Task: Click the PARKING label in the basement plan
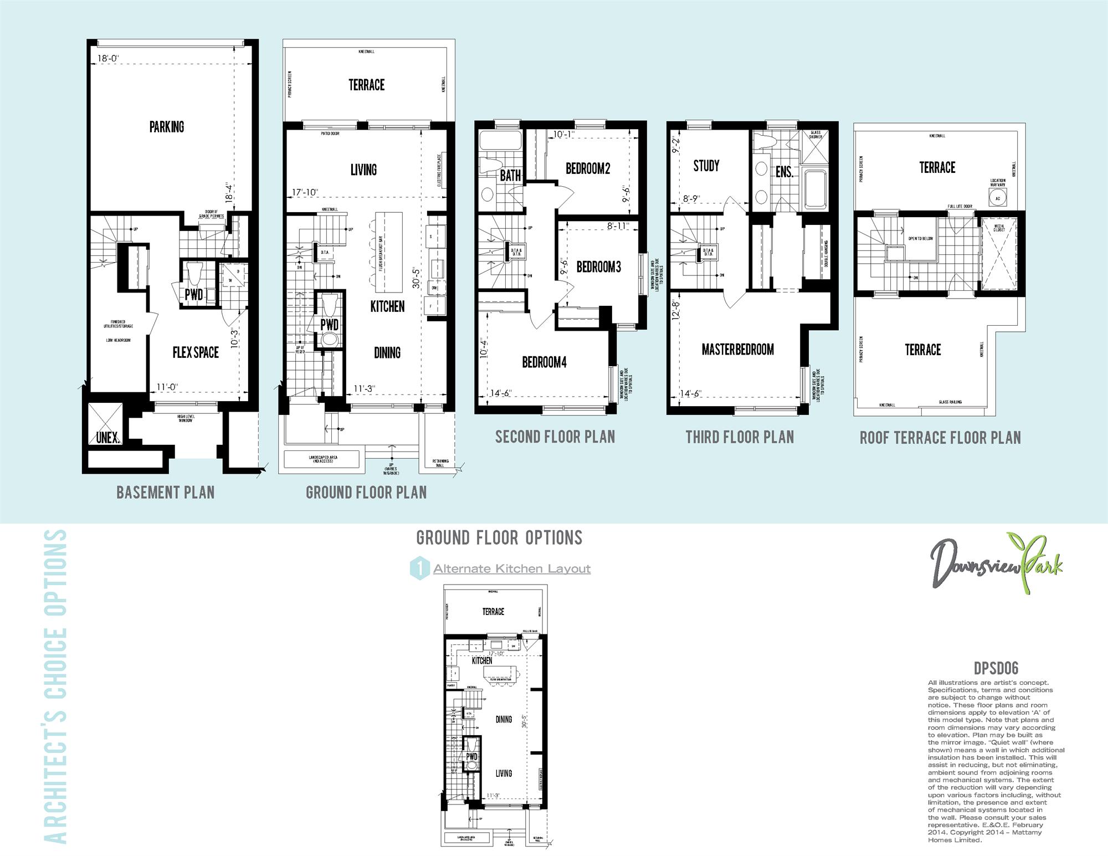point(167,127)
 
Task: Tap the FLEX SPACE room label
point(196,352)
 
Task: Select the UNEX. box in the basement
point(107,438)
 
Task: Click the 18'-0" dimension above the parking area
point(108,58)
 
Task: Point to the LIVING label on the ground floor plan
point(363,170)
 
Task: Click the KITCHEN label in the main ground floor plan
point(387,306)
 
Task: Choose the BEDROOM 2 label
point(588,168)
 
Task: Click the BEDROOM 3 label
point(598,267)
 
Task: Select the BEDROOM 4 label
point(544,362)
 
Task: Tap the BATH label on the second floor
point(510,176)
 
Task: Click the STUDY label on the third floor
point(706,166)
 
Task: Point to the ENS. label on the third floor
point(784,172)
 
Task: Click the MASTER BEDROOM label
point(737,350)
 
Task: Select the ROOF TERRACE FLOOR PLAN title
point(940,438)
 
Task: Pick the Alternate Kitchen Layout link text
point(512,569)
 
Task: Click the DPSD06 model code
point(996,669)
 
